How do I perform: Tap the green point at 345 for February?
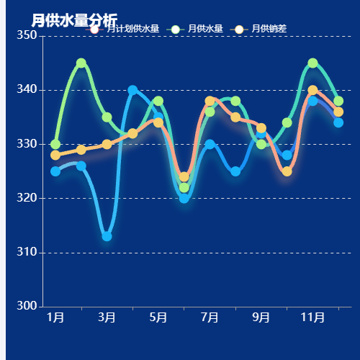click(x=81, y=63)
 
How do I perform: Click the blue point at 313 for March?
click(x=107, y=236)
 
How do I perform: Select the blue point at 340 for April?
click(x=132, y=91)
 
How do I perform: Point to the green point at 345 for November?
click(x=312, y=63)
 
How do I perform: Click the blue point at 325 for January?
click(x=55, y=171)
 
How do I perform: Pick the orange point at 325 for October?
click(x=287, y=171)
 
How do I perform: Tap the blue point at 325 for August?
click(x=235, y=171)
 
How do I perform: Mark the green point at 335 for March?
click(x=107, y=117)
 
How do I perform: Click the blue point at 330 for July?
click(x=210, y=144)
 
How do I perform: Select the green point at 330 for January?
click(x=55, y=144)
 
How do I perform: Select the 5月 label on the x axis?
click(x=158, y=318)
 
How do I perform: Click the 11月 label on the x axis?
click(x=312, y=318)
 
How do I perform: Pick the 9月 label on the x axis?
click(x=261, y=318)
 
